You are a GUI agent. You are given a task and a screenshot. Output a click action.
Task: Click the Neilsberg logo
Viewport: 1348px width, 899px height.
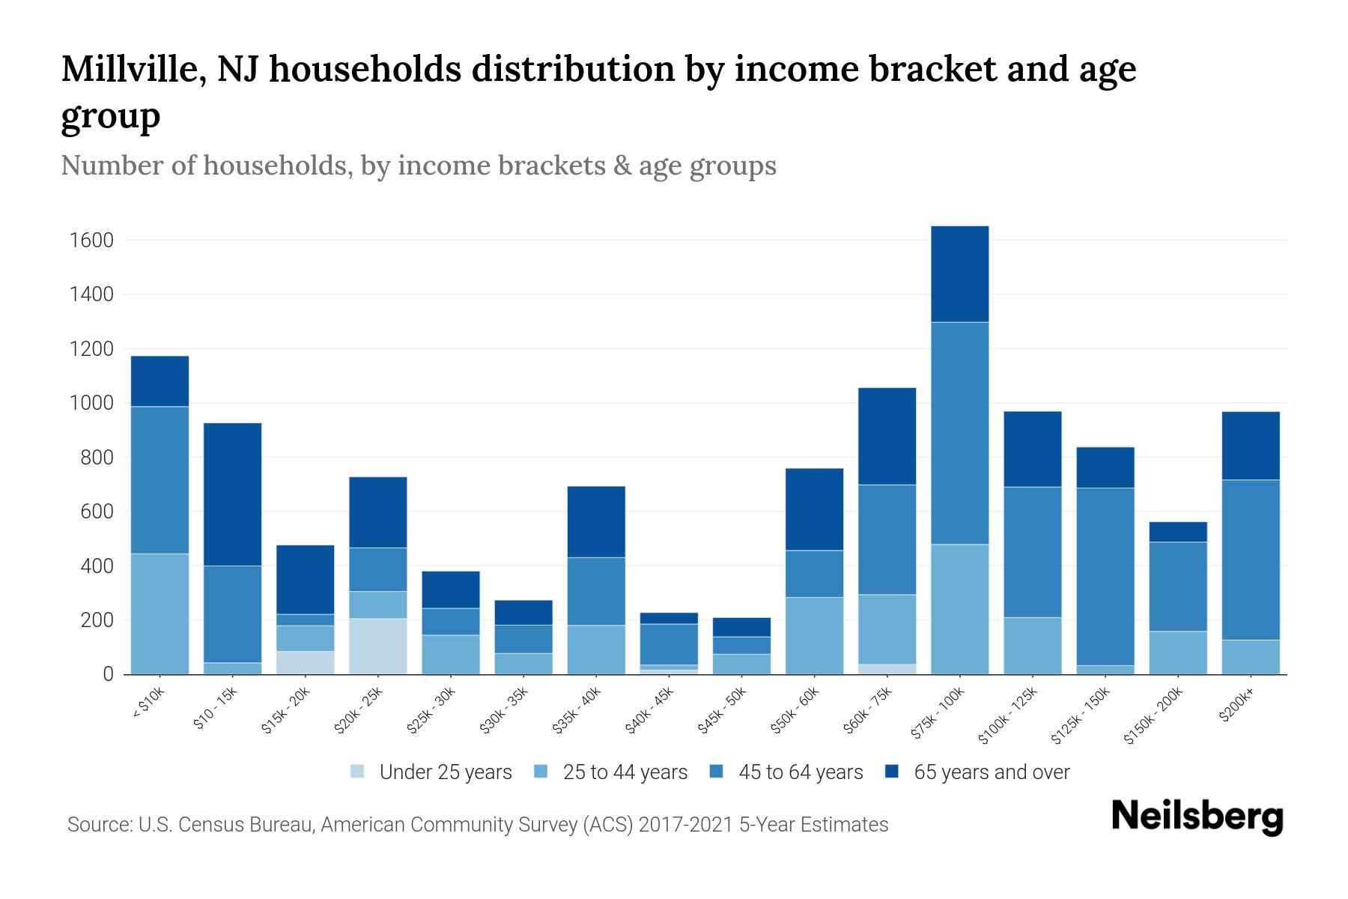point(1197,817)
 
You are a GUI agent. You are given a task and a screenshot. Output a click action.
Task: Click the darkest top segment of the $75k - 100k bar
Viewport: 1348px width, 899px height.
point(959,274)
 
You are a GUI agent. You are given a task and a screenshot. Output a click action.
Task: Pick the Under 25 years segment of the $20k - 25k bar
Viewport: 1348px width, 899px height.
point(378,646)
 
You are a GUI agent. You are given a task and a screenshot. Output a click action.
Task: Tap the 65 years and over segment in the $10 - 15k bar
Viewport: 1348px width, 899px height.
point(233,494)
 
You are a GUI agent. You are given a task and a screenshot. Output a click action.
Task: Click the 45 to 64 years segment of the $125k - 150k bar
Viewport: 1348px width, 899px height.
point(1105,577)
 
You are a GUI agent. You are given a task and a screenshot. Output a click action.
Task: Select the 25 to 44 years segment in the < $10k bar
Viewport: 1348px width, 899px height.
point(160,614)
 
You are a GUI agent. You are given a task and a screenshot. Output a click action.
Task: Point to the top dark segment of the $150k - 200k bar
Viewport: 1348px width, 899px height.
point(1178,532)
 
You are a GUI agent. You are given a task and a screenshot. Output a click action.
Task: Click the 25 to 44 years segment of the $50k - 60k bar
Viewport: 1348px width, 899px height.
point(814,635)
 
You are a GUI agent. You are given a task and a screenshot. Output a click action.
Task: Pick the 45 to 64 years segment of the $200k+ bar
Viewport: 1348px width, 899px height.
point(1251,560)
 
